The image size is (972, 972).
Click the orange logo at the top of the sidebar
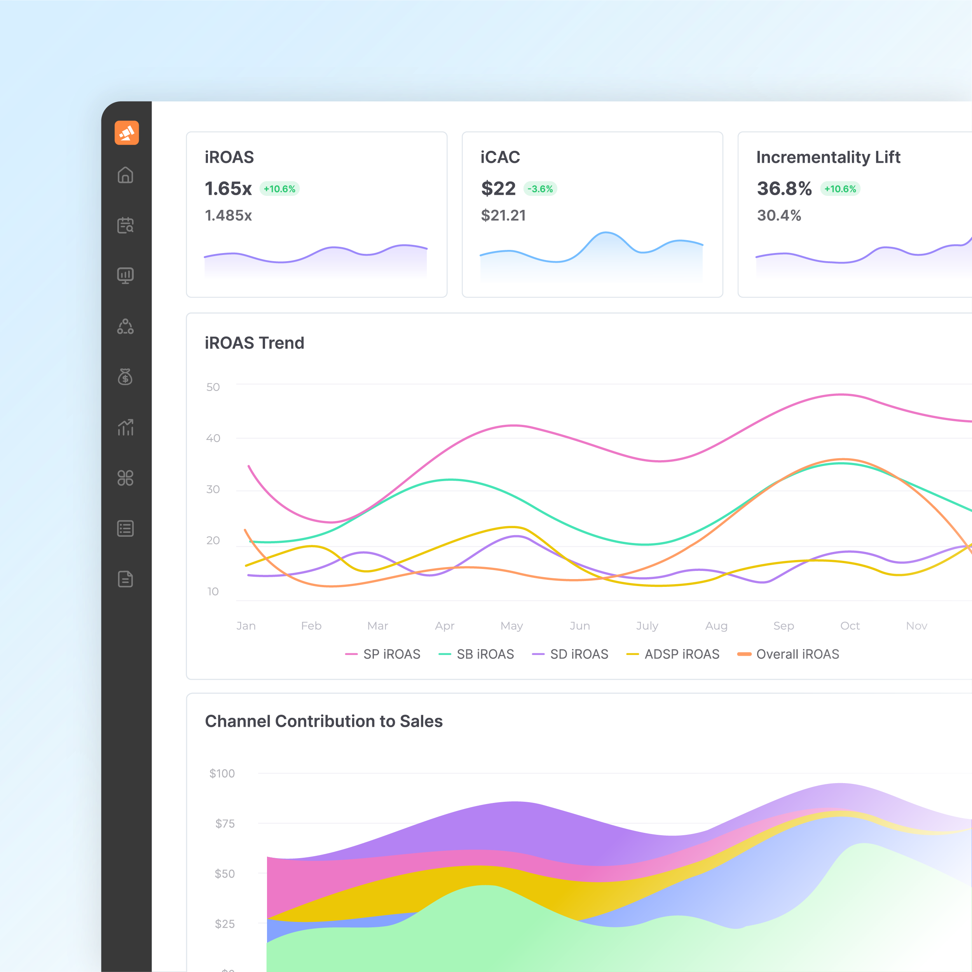(126, 133)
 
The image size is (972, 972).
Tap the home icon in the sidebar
(125, 175)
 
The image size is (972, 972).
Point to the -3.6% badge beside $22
(540, 188)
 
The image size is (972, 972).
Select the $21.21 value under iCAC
(503, 215)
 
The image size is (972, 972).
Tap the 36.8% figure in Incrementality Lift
(784, 188)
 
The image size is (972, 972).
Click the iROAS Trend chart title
(255, 343)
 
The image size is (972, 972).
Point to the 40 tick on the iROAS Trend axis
(213, 438)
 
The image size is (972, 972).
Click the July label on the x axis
(647, 626)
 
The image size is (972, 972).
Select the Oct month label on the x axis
(850, 626)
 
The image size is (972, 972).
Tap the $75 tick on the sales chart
(225, 824)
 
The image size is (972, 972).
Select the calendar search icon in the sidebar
(125, 225)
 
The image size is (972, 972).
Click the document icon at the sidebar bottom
(125, 579)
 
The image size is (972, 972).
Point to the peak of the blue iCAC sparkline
(606, 232)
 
